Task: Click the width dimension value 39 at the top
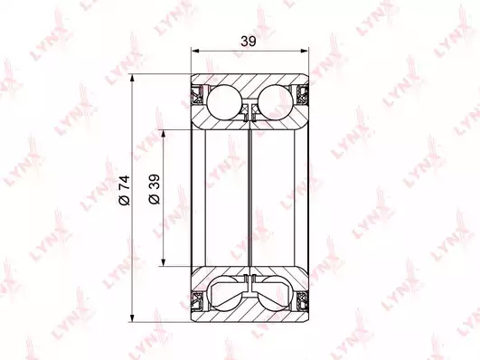click(248, 41)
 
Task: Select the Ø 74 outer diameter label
click(125, 190)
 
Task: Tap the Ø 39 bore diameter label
click(154, 189)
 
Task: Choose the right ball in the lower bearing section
click(274, 293)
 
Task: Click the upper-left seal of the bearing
click(197, 95)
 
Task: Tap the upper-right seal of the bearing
click(302, 95)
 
